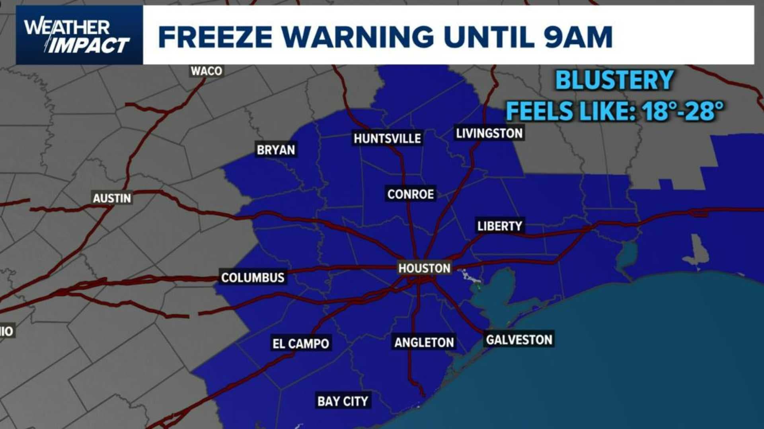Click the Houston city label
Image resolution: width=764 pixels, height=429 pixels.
point(424,268)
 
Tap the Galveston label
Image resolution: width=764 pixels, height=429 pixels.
point(519,340)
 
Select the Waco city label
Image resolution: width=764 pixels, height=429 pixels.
point(206,71)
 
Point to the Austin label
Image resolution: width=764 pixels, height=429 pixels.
point(112,198)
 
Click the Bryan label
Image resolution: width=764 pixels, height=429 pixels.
point(276,150)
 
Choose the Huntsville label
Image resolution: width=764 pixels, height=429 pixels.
point(387,138)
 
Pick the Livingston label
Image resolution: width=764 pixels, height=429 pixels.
point(489,133)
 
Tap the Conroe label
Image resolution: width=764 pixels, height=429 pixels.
point(411,194)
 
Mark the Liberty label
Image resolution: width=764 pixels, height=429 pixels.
point(500,226)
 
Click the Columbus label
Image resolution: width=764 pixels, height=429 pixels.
point(253,277)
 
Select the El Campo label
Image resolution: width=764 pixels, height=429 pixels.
point(301,344)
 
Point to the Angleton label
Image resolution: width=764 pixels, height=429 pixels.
point(424,342)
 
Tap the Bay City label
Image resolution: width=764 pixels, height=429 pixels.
point(343,401)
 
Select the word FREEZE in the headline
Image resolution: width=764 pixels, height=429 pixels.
point(215,37)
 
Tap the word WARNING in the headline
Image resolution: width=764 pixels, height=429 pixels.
point(359,37)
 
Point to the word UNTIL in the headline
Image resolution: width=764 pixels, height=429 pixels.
point(489,37)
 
